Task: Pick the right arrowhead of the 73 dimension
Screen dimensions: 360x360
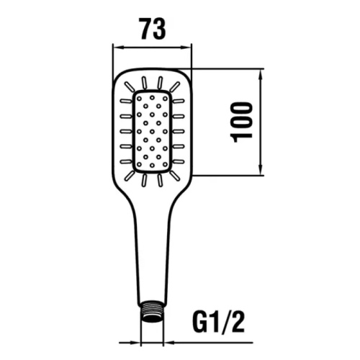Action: click(189, 48)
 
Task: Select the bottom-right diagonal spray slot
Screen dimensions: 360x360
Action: click(175, 175)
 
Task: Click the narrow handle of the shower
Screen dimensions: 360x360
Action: click(153, 259)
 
